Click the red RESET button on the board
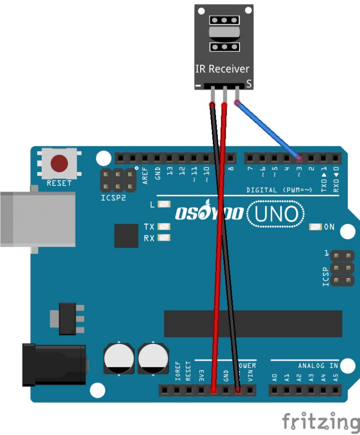(59, 163)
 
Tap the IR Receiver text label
(222, 69)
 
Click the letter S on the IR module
(249, 84)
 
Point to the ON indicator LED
(315, 227)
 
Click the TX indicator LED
(164, 227)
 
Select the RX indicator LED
(164, 238)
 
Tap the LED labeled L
(164, 205)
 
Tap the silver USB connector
(37, 219)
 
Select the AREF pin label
(145, 175)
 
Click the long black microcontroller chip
(253, 323)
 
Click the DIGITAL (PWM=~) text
(279, 190)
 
